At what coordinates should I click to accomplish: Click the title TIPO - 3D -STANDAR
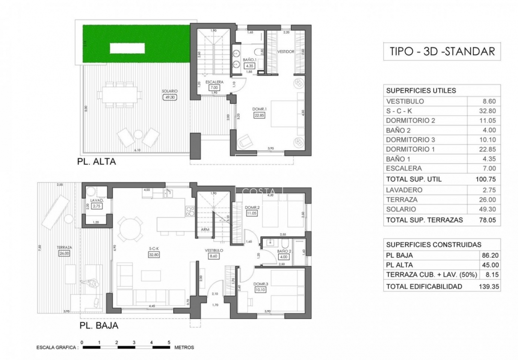[x=442, y=51]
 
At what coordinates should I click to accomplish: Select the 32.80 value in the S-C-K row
[x=488, y=111]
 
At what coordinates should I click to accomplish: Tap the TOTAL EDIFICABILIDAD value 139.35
[x=486, y=287]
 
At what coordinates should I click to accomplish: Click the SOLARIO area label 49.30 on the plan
[x=170, y=97]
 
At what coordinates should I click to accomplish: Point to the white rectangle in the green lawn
[x=127, y=48]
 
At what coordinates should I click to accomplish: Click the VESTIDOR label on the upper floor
[x=286, y=51]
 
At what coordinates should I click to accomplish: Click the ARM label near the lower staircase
[x=205, y=230]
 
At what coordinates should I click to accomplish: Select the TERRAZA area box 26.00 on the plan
[x=64, y=253]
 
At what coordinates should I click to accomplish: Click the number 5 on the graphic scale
[x=169, y=342]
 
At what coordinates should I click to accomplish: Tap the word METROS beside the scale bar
[x=184, y=347]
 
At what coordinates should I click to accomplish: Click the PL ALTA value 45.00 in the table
[x=488, y=265]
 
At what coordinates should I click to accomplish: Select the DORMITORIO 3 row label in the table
[x=410, y=140]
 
